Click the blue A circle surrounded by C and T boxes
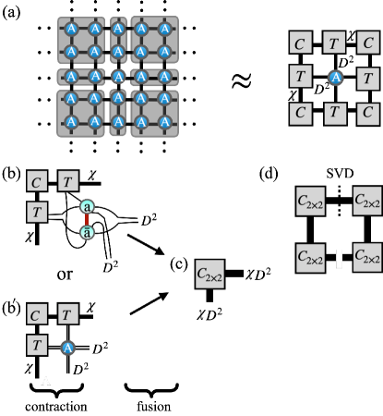point(335,79)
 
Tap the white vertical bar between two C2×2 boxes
point(339,259)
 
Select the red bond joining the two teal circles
point(87,220)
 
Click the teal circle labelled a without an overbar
point(87,206)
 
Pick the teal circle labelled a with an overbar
point(87,233)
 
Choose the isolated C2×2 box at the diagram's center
point(209,275)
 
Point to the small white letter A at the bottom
point(45,381)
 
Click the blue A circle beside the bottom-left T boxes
point(67,349)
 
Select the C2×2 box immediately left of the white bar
point(310,259)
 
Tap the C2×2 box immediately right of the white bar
point(367,256)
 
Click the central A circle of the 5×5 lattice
point(118,77)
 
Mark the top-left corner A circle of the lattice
point(71,29)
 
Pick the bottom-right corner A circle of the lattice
point(164,120)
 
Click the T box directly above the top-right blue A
point(334,43)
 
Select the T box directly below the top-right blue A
point(334,113)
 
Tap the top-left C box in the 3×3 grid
point(300,43)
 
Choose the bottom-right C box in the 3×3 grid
point(368,113)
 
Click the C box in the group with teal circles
point(36,182)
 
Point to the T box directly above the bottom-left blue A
point(67,315)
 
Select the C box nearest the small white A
point(35,315)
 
